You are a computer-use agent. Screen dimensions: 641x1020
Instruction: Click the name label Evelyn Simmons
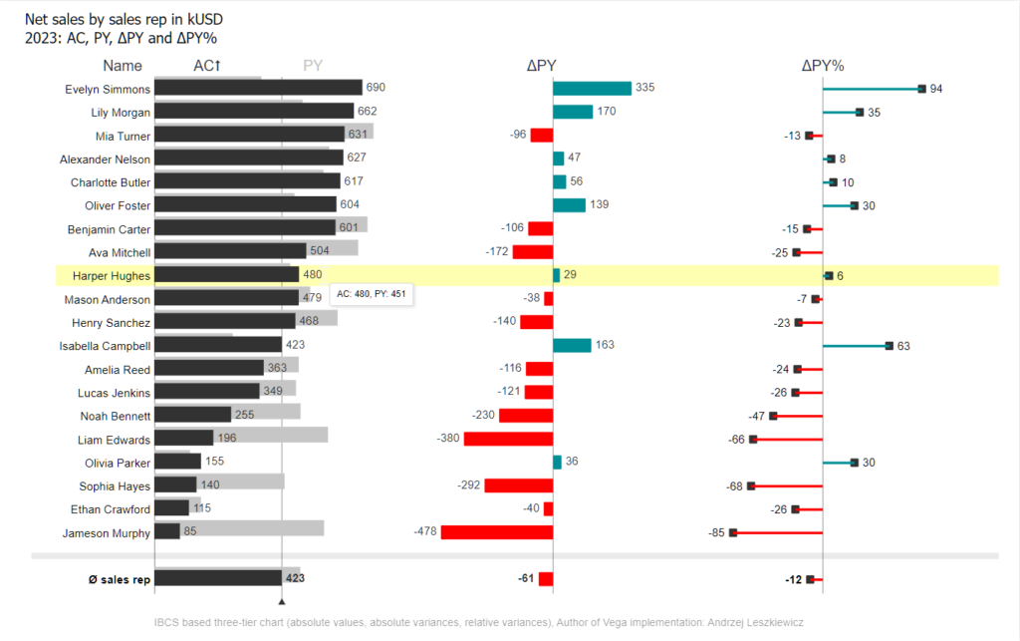coord(108,89)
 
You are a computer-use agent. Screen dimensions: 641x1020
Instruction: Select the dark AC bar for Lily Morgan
coord(254,112)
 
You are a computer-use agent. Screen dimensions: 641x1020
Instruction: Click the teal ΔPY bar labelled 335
coord(592,89)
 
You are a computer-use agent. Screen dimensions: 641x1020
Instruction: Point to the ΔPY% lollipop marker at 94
coord(921,89)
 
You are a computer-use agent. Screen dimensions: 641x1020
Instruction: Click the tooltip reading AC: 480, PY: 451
coord(371,294)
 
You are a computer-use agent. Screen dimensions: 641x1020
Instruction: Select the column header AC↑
coord(206,66)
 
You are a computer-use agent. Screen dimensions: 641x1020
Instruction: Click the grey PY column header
coord(313,66)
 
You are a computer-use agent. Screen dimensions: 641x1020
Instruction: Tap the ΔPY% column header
coord(822,66)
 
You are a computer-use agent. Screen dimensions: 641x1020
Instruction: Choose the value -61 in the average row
coord(525,578)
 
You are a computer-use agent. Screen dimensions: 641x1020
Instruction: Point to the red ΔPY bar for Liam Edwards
coord(508,440)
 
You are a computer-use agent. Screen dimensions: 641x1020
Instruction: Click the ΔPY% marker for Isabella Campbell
coord(889,346)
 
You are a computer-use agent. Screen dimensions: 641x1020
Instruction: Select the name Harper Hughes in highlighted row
coord(111,275)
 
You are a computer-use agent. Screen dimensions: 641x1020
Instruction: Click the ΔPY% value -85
coord(715,533)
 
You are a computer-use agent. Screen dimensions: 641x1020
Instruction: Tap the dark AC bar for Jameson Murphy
coord(167,532)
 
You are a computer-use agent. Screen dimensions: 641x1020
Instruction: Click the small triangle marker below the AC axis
coord(282,601)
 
